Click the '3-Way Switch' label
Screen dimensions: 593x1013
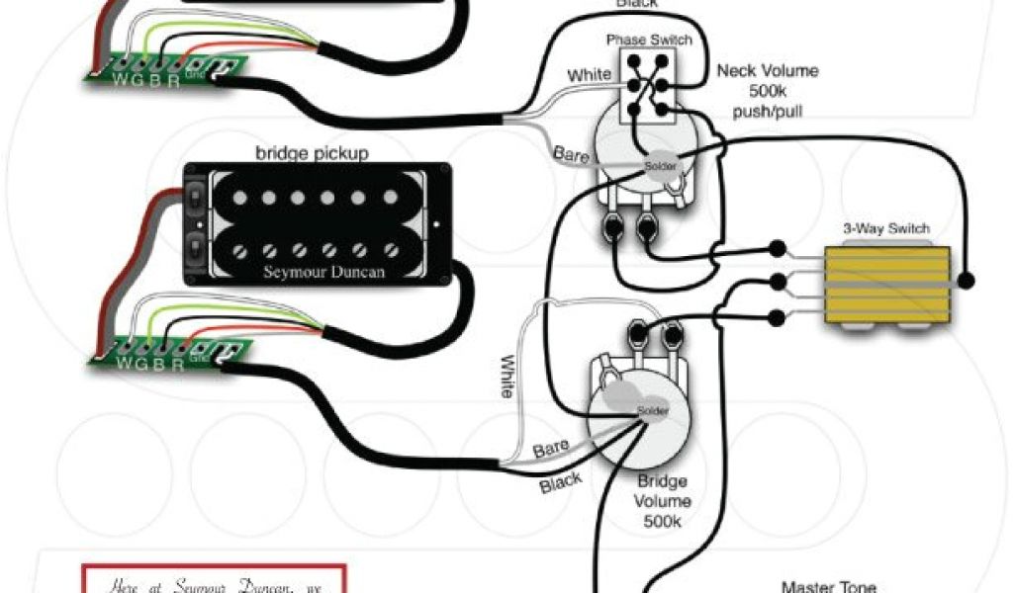(886, 229)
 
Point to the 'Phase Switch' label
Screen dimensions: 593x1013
(649, 41)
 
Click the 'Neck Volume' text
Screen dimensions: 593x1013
(768, 71)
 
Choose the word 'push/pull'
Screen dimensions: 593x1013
(768, 111)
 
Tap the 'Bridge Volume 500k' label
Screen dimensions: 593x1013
(664, 500)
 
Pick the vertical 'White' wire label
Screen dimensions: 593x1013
(507, 377)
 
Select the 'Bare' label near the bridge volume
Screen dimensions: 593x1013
(551, 450)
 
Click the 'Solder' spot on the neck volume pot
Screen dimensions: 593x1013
(661, 166)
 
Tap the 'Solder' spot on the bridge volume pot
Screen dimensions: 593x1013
(653, 410)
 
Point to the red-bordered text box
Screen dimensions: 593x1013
(214, 579)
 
